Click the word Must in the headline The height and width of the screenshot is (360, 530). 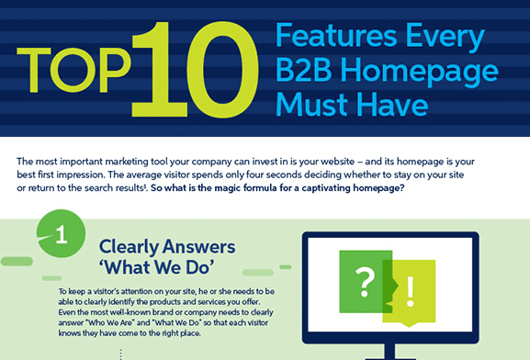315,104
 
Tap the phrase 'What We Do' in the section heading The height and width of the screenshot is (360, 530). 156,272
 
